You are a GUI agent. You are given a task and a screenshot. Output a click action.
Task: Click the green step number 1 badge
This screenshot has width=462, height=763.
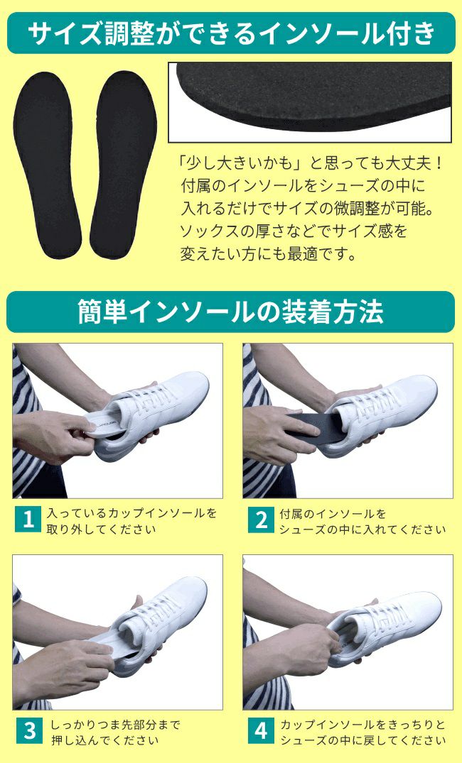pyautogui.click(x=28, y=520)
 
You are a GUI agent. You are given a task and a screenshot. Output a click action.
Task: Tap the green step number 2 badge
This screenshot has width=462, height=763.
pyautogui.click(x=261, y=520)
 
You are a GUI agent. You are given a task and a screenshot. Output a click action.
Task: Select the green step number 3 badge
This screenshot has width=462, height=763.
pyautogui.click(x=28, y=731)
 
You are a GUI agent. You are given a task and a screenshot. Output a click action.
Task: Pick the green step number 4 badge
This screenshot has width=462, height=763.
pyautogui.click(x=261, y=731)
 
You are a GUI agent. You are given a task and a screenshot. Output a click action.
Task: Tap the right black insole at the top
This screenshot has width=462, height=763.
pyautogui.click(x=123, y=165)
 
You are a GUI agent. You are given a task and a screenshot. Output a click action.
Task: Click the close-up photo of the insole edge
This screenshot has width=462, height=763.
pyautogui.click(x=310, y=102)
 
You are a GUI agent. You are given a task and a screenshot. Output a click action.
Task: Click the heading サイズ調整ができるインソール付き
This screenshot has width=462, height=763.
pyautogui.click(x=232, y=33)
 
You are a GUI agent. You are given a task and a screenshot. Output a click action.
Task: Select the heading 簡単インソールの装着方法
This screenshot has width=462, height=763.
pyautogui.click(x=230, y=312)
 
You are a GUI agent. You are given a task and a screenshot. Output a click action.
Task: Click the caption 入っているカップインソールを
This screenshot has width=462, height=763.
pyautogui.click(x=131, y=513)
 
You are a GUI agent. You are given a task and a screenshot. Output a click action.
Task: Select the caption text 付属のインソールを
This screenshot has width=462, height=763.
pyautogui.click(x=333, y=513)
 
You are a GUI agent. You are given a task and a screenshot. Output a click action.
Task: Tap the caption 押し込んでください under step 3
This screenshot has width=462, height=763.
pyautogui.click(x=104, y=741)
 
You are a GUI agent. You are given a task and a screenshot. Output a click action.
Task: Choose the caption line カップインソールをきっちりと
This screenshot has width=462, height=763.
pyautogui.click(x=362, y=725)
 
